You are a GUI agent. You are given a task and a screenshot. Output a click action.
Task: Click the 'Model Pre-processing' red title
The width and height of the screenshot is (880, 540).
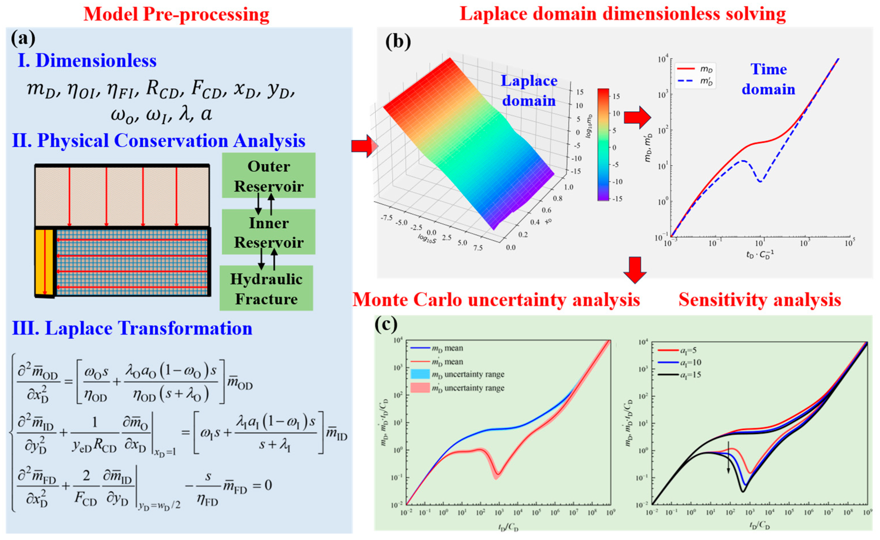click(x=176, y=15)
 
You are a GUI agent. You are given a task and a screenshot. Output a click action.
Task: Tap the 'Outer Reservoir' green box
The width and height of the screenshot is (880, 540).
click(x=269, y=176)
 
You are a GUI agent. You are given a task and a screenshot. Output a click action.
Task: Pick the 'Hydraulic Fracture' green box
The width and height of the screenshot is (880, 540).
click(x=266, y=289)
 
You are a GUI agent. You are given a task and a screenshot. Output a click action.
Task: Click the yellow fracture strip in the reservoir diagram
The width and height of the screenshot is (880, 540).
click(x=45, y=262)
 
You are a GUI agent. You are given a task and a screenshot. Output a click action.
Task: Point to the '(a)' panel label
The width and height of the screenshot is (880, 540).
click(x=23, y=39)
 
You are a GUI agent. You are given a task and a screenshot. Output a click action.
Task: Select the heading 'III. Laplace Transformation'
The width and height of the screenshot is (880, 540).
click(x=132, y=328)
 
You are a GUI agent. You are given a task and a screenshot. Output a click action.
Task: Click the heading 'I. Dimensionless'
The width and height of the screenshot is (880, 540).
click(x=87, y=60)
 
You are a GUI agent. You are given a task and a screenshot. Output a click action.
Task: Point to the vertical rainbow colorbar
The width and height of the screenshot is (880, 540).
click(x=602, y=144)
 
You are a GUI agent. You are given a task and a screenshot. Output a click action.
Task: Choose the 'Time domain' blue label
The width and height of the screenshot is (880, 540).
click(x=769, y=79)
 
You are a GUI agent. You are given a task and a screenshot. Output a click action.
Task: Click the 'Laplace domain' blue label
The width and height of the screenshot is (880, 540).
click(x=529, y=91)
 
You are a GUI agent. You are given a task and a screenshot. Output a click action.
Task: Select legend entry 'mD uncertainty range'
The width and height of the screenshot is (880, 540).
click(x=457, y=375)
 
